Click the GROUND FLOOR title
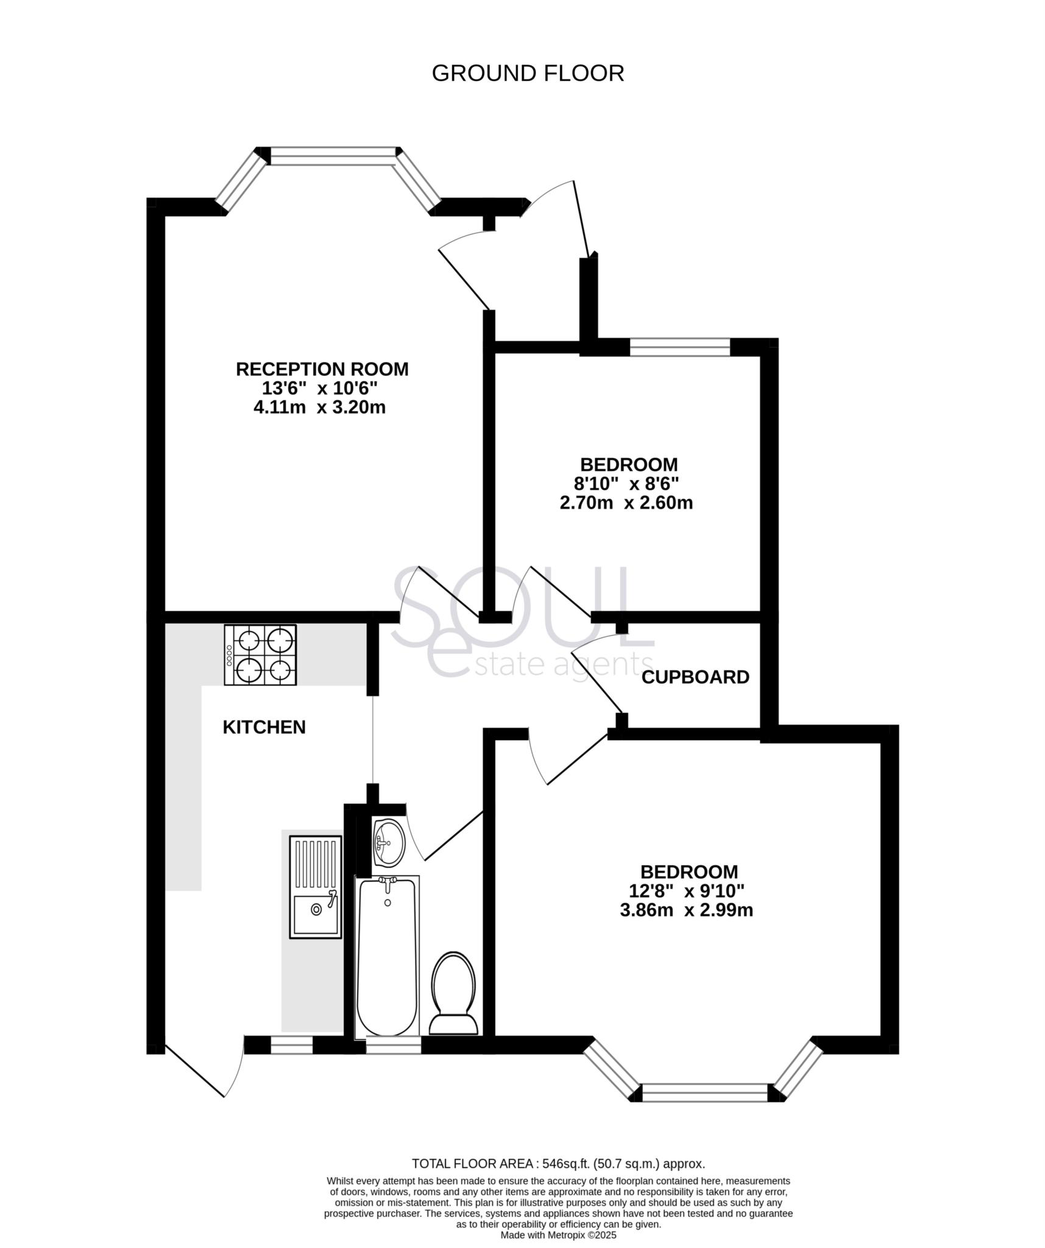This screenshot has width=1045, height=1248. [x=528, y=73]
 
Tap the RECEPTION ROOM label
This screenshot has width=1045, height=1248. [x=322, y=369]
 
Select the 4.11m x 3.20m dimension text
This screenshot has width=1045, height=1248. [x=319, y=407]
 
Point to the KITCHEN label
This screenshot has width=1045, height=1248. [x=264, y=727]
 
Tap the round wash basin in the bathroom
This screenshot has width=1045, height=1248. [x=388, y=842]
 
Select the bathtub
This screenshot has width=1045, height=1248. [x=388, y=955]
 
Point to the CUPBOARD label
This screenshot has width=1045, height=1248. [x=695, y=677]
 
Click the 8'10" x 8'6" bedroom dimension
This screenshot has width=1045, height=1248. [x=628, y=484]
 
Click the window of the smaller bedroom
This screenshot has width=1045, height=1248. [x=679, y=347]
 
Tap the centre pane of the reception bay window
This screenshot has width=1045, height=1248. [x=333, y=156]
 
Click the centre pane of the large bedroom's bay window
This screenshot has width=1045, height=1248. [x=704, y=1093]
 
